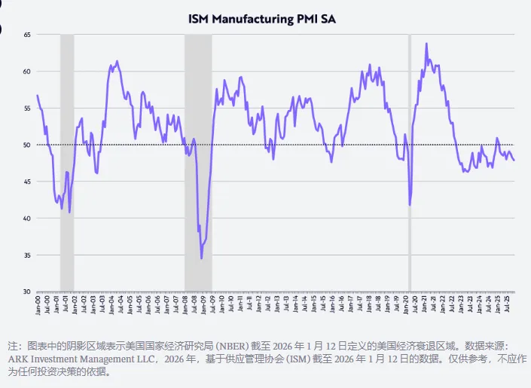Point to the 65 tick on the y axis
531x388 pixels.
tap(27, 35)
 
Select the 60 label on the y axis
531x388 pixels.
tap(27, 72)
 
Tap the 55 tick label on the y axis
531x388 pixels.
tap(27, 108)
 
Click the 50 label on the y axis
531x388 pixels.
tap(27, 145)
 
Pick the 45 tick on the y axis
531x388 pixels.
tap(27, 182)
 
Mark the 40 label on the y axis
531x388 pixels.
tap(27, 218)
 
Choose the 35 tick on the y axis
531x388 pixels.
tap(27, 255)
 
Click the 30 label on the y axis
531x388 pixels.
tap(27, 292)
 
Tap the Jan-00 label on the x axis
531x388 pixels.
tap(38, 304)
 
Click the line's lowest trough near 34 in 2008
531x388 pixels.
tap(201, 258)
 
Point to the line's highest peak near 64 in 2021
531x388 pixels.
tap(426, 44)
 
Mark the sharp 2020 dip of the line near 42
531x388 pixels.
tap(410, 204)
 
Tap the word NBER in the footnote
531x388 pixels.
tap(249, 347)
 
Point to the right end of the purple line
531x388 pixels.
tap(514, 160)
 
